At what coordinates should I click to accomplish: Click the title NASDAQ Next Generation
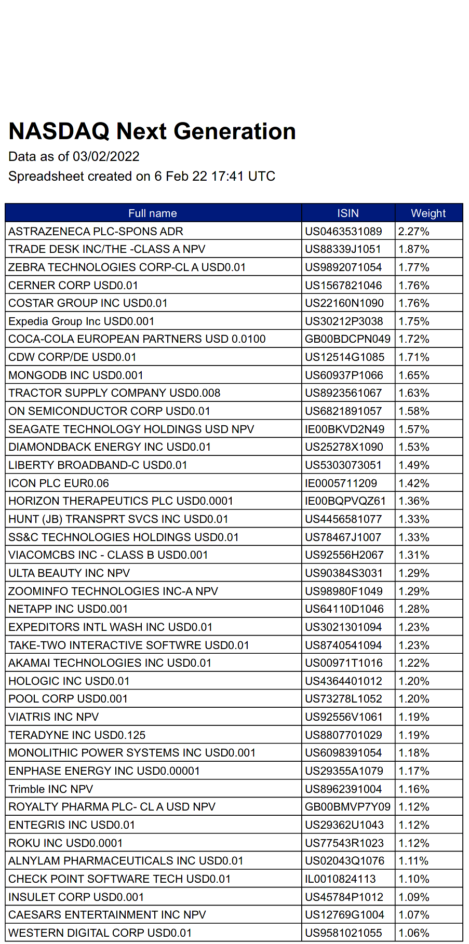152,131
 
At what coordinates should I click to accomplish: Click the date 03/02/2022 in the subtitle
106,157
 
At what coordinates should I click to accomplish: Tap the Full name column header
153,213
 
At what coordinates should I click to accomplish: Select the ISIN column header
347,213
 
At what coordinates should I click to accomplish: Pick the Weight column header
428,213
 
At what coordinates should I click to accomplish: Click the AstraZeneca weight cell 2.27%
414,232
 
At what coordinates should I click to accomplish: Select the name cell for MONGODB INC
76,375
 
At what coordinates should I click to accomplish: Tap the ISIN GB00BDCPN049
347,339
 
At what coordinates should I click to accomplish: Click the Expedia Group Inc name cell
82,321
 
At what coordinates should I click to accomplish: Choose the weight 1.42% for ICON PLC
414,483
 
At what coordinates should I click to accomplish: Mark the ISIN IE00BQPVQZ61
345,501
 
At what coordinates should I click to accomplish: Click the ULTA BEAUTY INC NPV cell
69,573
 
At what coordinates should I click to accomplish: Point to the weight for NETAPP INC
414,609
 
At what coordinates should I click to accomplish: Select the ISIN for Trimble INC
343,789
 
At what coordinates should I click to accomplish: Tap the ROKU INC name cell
65,843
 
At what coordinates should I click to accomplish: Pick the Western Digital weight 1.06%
414,933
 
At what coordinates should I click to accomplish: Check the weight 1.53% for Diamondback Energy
414,447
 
